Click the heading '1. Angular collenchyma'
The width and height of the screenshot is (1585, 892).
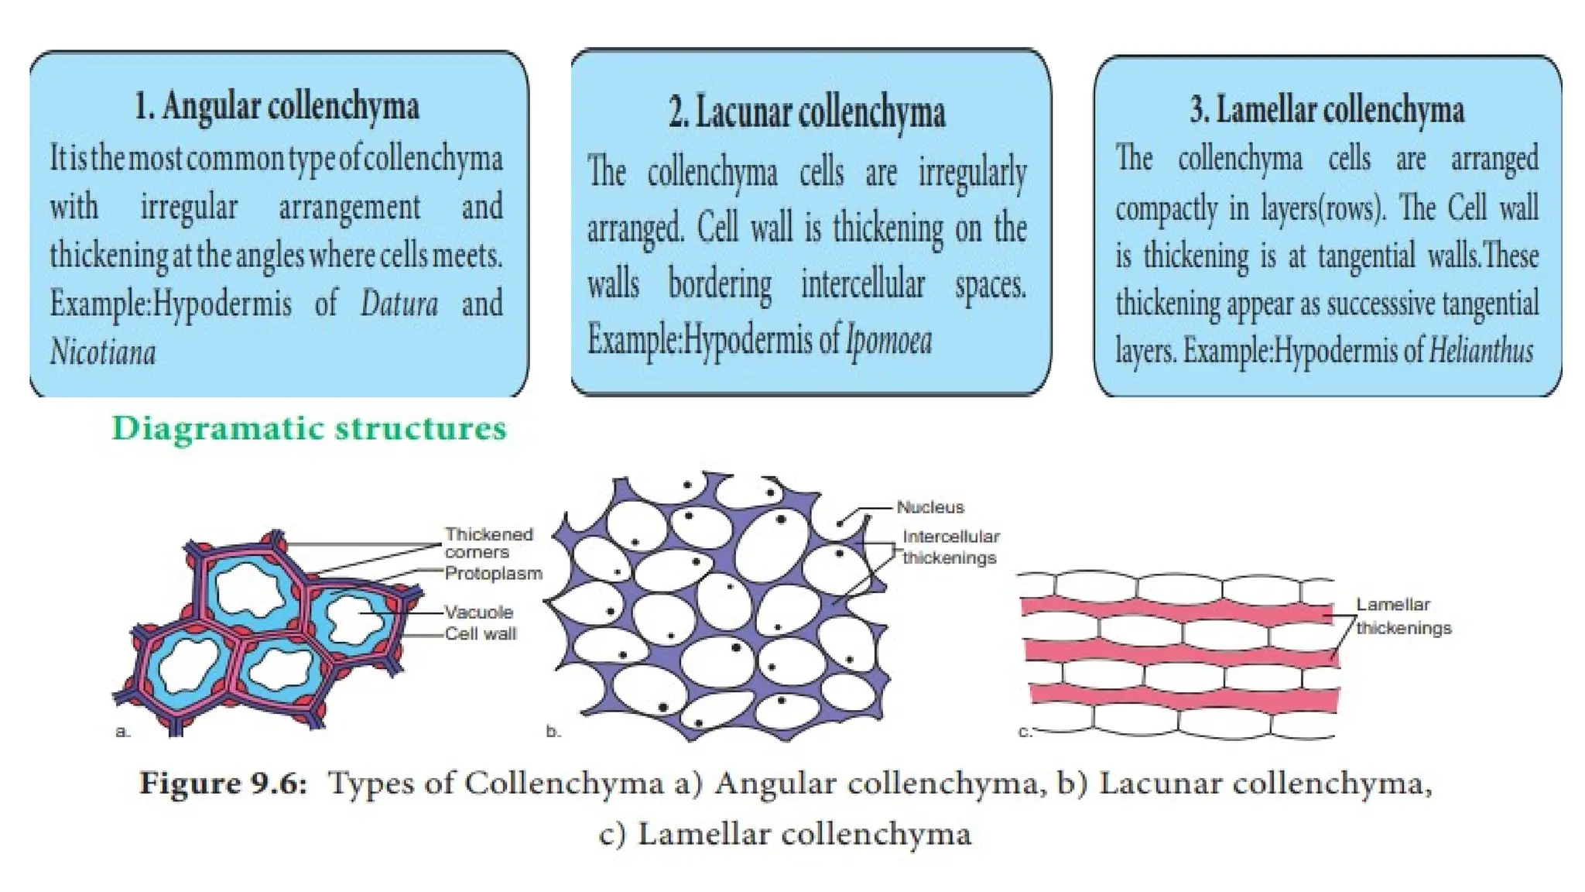coord(276,106)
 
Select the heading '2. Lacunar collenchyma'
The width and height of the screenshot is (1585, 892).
coord(807,112)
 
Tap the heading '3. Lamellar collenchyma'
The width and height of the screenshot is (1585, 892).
coord(1327,109)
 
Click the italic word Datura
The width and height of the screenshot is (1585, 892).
coord(399,304)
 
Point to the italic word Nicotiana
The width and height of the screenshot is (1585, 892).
coord(103,352)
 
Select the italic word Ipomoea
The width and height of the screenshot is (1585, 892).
coord(888,340)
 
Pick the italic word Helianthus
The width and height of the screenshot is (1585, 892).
coord(1481,351)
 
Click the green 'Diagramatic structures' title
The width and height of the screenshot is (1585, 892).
coord(309,428)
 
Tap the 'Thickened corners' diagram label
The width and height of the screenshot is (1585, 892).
coord(488,543)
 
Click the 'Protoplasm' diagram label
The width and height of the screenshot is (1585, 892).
coord(493,574)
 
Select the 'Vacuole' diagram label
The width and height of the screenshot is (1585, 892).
coord(478,612)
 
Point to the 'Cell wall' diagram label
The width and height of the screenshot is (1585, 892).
coord(480,633)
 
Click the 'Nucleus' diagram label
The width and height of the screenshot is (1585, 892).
coord(930,507)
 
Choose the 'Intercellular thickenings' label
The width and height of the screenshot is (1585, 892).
coord(950,547)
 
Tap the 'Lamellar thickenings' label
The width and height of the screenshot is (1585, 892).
coord(1402,616)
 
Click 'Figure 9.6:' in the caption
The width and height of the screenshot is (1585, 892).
coord(223,783)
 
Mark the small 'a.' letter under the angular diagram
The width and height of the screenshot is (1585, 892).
coord(122,731)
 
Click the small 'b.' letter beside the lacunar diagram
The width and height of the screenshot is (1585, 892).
coord(553,731)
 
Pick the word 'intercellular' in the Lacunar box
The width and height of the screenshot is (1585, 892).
coord(862,284)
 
